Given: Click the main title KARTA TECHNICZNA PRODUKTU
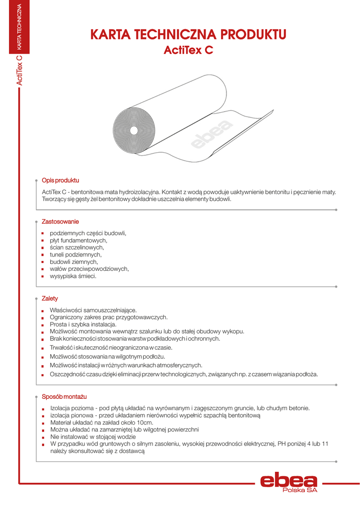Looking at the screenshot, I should point(188,34).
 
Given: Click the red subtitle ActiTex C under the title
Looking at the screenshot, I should point(188,50).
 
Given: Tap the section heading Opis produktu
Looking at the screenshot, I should point(60,180).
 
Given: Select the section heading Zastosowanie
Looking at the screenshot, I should point(60,221).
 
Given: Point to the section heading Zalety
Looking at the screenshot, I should point(50,299).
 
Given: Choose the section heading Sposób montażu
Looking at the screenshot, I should point(64,397).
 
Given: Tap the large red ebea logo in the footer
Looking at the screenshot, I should point(288,481).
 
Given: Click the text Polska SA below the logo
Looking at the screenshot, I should point(299,490).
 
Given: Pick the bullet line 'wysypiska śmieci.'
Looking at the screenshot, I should point(73,276).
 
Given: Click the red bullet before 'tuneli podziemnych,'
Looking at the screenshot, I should point(43,254).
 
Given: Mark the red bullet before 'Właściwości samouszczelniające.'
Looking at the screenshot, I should point(43,311).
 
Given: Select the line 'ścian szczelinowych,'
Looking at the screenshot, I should point(76,247).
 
